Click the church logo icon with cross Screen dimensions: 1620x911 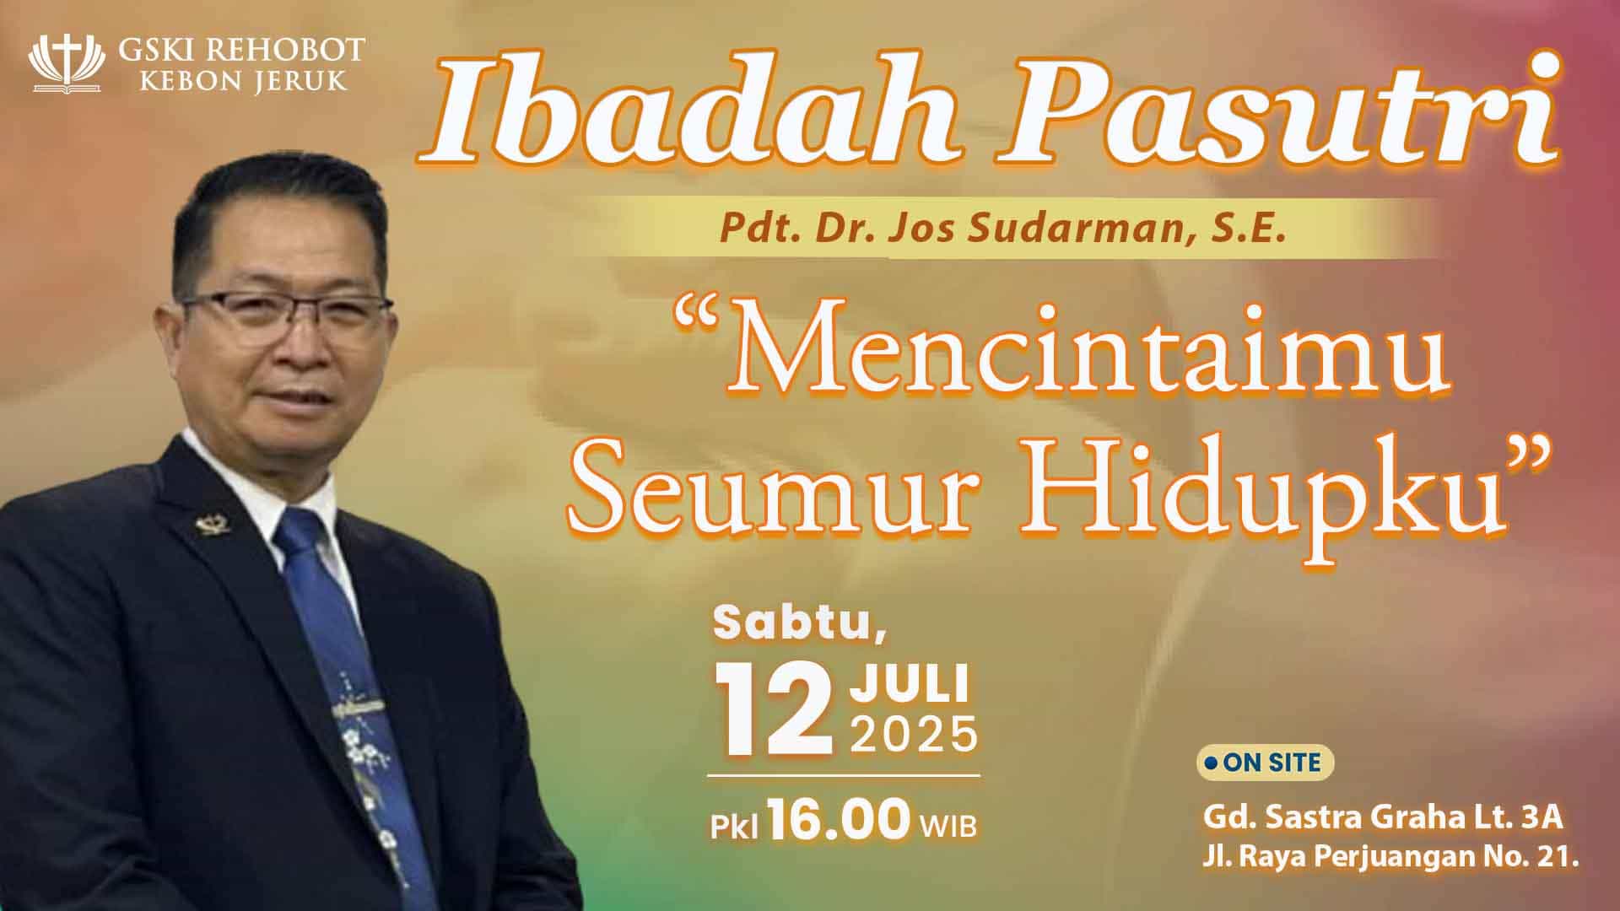tap(67, 63)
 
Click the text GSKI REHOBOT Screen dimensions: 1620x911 tap(240, 51)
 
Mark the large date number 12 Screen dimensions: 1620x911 tap(773, 710)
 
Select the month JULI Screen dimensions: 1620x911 tap(909, 684)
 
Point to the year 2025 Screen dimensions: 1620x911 tap(913, 735)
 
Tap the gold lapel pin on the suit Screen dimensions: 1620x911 tap(207, 526)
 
